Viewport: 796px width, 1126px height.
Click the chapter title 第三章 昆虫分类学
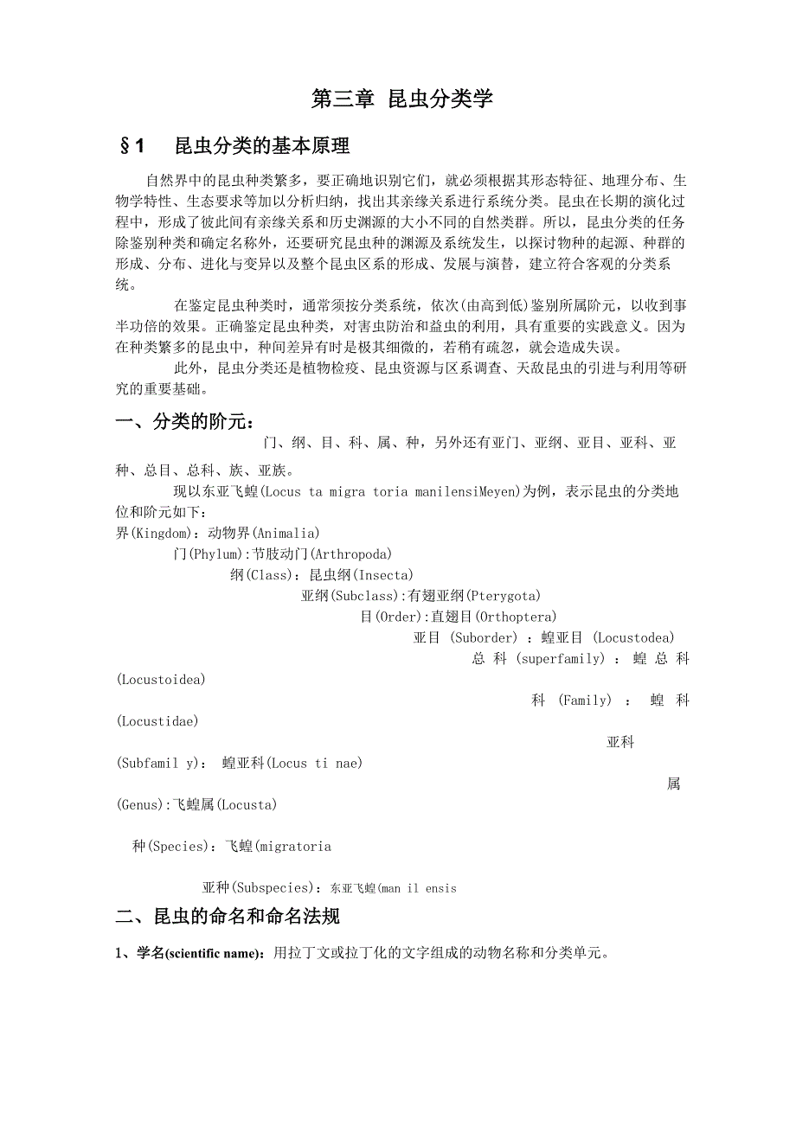[401, 99]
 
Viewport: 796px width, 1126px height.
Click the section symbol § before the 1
[123, 146]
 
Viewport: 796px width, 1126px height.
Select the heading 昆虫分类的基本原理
[262, 146]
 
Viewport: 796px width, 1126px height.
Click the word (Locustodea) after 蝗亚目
[634, 637]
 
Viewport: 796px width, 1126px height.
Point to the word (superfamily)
[560, 658]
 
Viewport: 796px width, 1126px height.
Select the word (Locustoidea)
[161, 679]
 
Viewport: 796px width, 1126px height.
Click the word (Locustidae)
[157, 720]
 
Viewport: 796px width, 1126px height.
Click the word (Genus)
[141, 804]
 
